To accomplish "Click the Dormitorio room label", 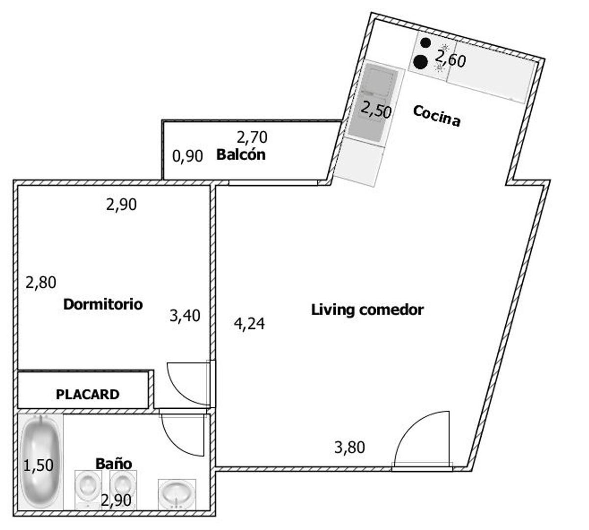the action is [x=103, y=305].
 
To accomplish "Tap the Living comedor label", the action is [x=367, y=310].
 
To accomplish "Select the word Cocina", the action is [x=437, y=116].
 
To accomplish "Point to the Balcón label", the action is [x=241, y=155].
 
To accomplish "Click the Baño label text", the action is [x=114, y=463].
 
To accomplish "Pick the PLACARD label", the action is [x=88, y=395].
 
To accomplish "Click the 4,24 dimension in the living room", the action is [x=249, y=324].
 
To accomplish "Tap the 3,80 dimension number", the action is [x=349, y=447].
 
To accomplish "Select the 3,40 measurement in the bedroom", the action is [x=185, y=316].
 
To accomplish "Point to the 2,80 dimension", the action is [x=41, y=283].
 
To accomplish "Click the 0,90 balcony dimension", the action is [x=188, y=156].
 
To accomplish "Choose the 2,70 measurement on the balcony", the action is [x=252, y=137].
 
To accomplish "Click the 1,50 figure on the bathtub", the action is [x=38, y=465].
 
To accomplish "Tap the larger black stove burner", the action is [x=420, y=62].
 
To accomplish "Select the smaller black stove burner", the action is [x=425, y=43].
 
